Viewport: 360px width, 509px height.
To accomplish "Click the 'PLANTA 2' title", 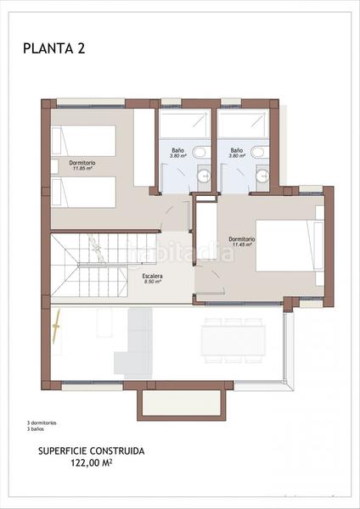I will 54,48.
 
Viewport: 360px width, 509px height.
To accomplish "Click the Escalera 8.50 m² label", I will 153,279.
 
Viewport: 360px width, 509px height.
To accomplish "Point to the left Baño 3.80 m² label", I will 178,153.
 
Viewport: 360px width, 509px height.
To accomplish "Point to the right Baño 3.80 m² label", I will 237,153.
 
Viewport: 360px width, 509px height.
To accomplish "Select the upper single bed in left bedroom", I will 83,141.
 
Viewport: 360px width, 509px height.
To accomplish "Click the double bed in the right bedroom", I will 289,246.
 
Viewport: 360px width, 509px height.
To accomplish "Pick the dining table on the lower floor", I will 233,340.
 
